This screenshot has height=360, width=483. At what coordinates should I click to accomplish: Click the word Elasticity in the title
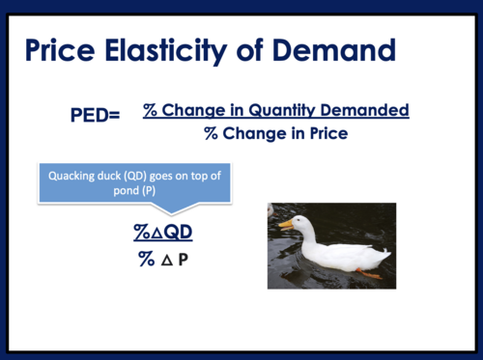pos(179,48)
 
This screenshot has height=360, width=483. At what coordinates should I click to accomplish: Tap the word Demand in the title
pos(333,48)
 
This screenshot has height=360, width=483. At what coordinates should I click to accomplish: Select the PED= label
pos(96,116)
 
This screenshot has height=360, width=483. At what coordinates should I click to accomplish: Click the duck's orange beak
pos(286,224)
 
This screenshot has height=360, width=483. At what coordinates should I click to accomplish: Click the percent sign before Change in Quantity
pos(151,111)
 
